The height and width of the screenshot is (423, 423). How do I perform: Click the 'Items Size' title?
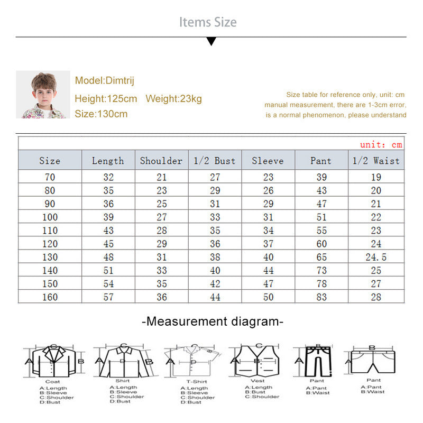tap(208, 22)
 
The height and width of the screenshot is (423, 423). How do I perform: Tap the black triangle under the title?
tap(211, 41)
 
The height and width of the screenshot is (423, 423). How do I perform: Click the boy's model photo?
tap(43, 95)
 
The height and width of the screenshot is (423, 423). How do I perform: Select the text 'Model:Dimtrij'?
tap(104, 80)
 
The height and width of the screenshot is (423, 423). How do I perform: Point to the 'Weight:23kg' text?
tap(173, 99)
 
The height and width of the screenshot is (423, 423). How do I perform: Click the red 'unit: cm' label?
tap(381, 144)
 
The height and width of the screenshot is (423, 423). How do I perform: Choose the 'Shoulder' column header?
tap(161, 161)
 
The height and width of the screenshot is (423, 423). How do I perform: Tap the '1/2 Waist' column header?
tap(376, 161)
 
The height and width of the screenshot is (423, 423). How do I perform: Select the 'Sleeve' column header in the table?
tap(268, 161)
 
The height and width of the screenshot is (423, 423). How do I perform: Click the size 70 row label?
tap(50, 177)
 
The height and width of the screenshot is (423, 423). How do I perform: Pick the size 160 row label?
tap(50, 297)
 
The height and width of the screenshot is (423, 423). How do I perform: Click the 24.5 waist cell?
tap(376, 258)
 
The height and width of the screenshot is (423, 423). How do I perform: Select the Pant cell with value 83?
tap(321, 297)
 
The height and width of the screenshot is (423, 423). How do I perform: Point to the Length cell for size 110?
tap(108, 231)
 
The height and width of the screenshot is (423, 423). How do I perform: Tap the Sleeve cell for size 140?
tap(268, 271)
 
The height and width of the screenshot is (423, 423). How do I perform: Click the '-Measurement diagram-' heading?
tap(213, 321)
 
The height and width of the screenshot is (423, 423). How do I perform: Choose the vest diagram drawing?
tap(259, 361)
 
